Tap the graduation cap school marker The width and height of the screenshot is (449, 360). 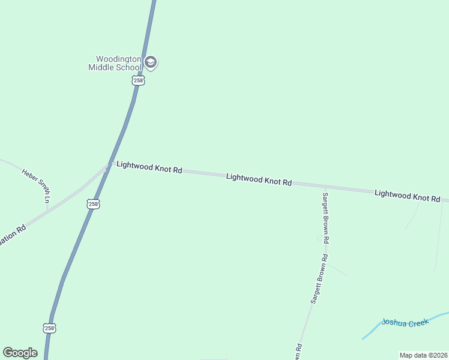[x=151, y=62]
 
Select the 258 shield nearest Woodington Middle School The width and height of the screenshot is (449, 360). [x=139, y=80]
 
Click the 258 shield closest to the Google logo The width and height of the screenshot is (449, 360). [x=49, y=328]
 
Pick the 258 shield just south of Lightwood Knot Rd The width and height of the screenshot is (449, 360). [x=93, y=204]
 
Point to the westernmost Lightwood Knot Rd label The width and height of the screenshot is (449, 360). [x=149, y=167]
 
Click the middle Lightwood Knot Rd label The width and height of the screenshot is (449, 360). [x=259, y=179]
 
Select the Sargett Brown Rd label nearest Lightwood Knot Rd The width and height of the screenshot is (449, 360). [x=326, y=217]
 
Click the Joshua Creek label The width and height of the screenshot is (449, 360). [x=405, y=323]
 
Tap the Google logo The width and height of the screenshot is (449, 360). [x=20, y=353]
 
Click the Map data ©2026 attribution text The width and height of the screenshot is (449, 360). [x=423, y=355]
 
